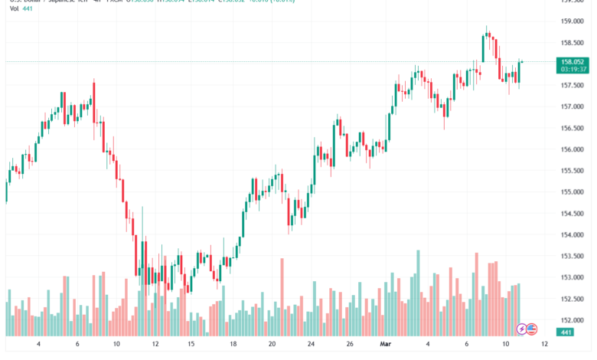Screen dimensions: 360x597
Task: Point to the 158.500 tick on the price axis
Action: coord(573,42)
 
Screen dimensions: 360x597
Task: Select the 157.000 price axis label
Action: coord(573,106)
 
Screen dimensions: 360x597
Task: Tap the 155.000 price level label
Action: coord(573,191)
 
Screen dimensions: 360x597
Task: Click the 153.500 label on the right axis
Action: coord(573,256)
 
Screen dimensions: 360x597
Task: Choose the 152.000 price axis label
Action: coord(573,320)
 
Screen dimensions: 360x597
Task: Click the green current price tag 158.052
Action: coord(573,61)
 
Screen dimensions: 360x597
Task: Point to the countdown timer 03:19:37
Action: coord(573,69)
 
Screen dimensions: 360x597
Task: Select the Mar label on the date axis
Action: coord(387,345)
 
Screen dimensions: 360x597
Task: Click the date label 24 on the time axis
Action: coord(312,345)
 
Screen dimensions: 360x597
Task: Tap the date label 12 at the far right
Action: coord(543,345)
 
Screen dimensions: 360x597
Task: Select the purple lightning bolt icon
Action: coord(522,329)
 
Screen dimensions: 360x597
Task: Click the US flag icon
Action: coord(531,329)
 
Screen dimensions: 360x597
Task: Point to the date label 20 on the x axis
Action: coord(272,345)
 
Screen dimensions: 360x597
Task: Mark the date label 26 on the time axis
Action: coord(349,345)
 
